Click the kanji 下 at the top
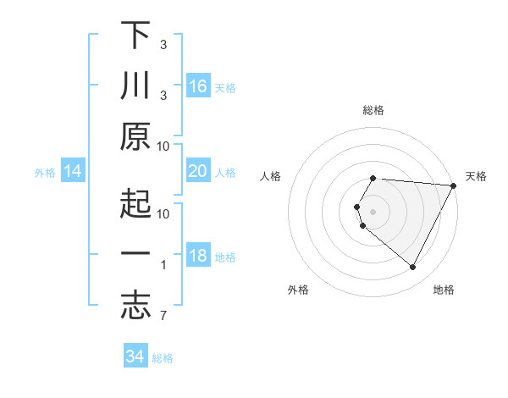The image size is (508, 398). click(135, 36)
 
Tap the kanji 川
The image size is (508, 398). click(135, 86)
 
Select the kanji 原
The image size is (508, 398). click(135, 137)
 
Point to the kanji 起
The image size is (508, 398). click(135, 203)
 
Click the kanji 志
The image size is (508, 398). click(135, 307)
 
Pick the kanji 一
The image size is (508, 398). click(135, 256)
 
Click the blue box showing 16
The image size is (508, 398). click(198, 86)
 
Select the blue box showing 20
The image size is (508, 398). click(198, 171)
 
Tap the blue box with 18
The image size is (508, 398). click(198, 256)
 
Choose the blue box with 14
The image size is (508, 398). click(73, 171)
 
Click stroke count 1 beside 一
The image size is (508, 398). click(163, 265)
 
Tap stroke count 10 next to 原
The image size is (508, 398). click(163, 146)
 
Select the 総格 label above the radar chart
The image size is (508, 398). click(373, 110)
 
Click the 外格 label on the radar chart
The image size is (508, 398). click(298, 290)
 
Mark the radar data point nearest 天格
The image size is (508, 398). click(454, 185)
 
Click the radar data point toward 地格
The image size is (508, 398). click(413, 268)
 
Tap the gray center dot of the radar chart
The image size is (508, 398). click(373, 210)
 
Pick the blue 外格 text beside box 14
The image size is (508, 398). click(45, 172)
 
